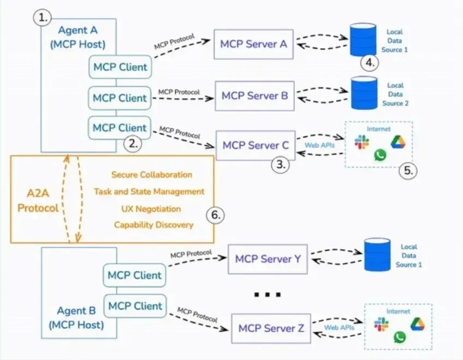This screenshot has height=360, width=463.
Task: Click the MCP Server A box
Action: click(253, 44)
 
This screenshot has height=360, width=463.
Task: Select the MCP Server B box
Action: click(254, 96)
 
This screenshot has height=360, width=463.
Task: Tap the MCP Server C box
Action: click(256, 145)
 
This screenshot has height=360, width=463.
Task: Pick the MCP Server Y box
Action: click(268, 259)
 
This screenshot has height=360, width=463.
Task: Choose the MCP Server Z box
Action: click(271, 329)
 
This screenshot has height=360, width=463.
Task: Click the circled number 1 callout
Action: click(41, 17)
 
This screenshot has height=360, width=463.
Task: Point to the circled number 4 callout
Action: click(370, 62)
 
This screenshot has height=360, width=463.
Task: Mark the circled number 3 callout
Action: click(281, 165)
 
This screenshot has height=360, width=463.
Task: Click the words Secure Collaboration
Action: click(152, 175)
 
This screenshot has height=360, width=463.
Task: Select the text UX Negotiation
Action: click(151, 209)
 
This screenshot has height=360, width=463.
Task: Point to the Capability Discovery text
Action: click(153, 225)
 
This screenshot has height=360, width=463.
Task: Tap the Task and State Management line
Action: click(149, 192)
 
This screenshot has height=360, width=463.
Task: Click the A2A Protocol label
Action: click(38, 200)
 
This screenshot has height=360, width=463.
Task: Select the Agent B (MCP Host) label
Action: click(76, 318)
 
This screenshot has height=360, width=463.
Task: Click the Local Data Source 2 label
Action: click(395, 94)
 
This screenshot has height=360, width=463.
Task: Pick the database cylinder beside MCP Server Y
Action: click(377, 255)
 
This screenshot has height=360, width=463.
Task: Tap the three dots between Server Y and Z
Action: click(268, 295)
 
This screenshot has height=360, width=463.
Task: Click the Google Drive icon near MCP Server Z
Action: click(417, 323)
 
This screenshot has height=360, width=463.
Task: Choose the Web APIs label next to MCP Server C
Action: click(319, 145)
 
